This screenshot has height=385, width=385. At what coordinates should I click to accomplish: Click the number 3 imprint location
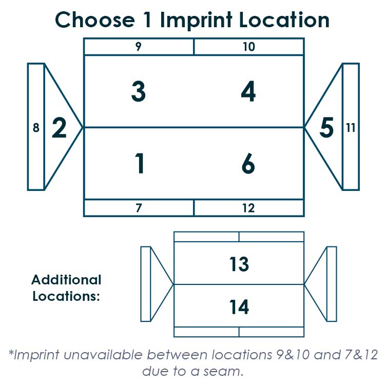pos(139,91)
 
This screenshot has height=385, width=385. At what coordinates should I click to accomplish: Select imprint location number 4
pos(248,91)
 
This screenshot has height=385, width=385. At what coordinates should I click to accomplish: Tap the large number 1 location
pos(140,163)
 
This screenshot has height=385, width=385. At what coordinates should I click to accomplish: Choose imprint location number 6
pos(248,163)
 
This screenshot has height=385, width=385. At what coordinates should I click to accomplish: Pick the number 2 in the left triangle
pos(59,127)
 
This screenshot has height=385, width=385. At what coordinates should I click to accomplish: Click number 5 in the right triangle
pos(326,127)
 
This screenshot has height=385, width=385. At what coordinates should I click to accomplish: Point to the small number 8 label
pos(36,128)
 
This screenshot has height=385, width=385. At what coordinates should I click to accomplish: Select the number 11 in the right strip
pos(351,128)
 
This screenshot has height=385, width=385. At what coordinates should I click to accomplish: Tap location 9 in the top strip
pos(139,46)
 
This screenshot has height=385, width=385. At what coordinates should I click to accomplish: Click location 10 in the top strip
pos(249,47)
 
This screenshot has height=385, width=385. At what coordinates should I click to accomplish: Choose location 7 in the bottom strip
pos(139,208)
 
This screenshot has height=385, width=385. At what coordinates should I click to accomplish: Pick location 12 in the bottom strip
pos(248,208)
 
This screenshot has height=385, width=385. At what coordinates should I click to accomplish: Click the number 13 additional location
pos(239,264)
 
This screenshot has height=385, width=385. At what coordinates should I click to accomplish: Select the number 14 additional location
pos(239,307)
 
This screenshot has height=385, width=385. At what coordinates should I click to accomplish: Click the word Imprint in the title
pos(196,20)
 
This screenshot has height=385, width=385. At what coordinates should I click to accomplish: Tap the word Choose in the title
pos(95,20)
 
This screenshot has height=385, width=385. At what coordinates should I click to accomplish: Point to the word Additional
pos(66,280)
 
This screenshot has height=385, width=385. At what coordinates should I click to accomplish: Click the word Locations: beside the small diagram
pos(66,296)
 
